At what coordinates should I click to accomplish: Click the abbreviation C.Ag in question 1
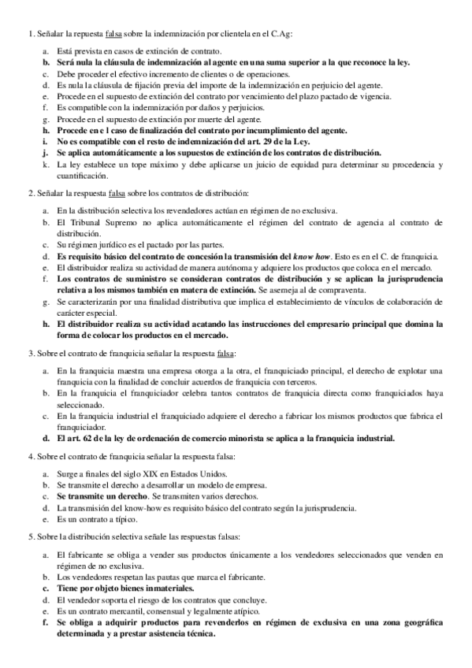pos(302,34)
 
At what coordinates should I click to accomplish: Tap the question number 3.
pos(30,353)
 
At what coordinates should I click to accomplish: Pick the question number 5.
pos(30,536)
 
